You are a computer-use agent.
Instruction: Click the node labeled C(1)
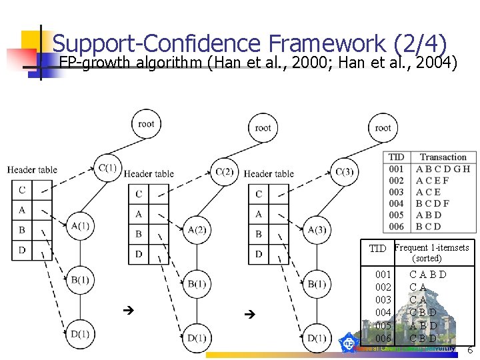108,167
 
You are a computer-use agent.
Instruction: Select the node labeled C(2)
225,172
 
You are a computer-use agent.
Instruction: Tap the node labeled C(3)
344,172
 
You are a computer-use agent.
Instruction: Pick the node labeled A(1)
79,225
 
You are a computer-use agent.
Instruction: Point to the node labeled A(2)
197,230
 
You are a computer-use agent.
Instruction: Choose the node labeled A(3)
316,230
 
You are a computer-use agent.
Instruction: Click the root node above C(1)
146,123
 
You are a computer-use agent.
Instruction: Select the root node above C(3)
383,127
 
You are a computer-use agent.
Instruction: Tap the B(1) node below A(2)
197,284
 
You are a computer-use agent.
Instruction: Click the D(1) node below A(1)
79,333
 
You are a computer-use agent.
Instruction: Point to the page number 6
469,351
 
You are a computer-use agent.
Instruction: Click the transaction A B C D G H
443,169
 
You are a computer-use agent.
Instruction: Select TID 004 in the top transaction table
396,203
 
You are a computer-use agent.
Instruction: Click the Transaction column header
443,157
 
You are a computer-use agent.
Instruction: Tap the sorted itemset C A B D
428,275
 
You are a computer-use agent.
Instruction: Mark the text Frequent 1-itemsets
431,248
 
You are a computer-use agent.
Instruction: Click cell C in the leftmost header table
22,190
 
